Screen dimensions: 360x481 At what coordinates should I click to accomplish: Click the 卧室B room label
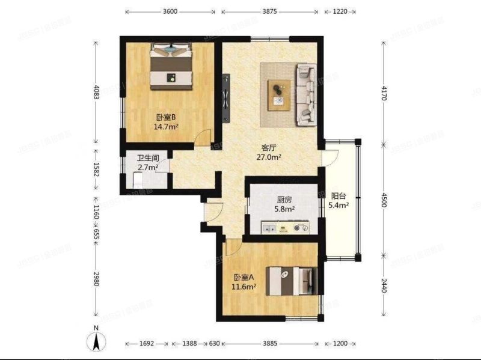click(x=165, y=117)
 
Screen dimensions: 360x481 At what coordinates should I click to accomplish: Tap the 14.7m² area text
click(x=165, y=127)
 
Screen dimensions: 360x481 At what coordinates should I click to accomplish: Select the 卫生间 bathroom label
click(x=147, y=158)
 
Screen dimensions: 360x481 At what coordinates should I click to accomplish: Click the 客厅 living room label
click(x=269, y=147)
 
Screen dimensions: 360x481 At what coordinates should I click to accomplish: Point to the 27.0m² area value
click(x=269, y=157)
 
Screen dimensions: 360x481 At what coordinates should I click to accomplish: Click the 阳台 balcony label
click(x=339, y=195)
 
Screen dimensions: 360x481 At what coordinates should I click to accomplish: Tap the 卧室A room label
click(x=245, y=277)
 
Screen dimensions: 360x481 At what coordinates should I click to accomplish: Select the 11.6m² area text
click(x=245, y=287)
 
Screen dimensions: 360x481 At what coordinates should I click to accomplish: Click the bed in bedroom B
click(x=171, y=65)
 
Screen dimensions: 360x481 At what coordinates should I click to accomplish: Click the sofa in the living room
click(x=307, y=94)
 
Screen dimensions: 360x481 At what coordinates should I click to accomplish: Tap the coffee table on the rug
click(x=278, y=94)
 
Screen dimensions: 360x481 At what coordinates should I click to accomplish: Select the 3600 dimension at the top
click(x=170, y=11)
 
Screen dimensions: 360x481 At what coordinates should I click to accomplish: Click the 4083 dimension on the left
click(x=95, y=96)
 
